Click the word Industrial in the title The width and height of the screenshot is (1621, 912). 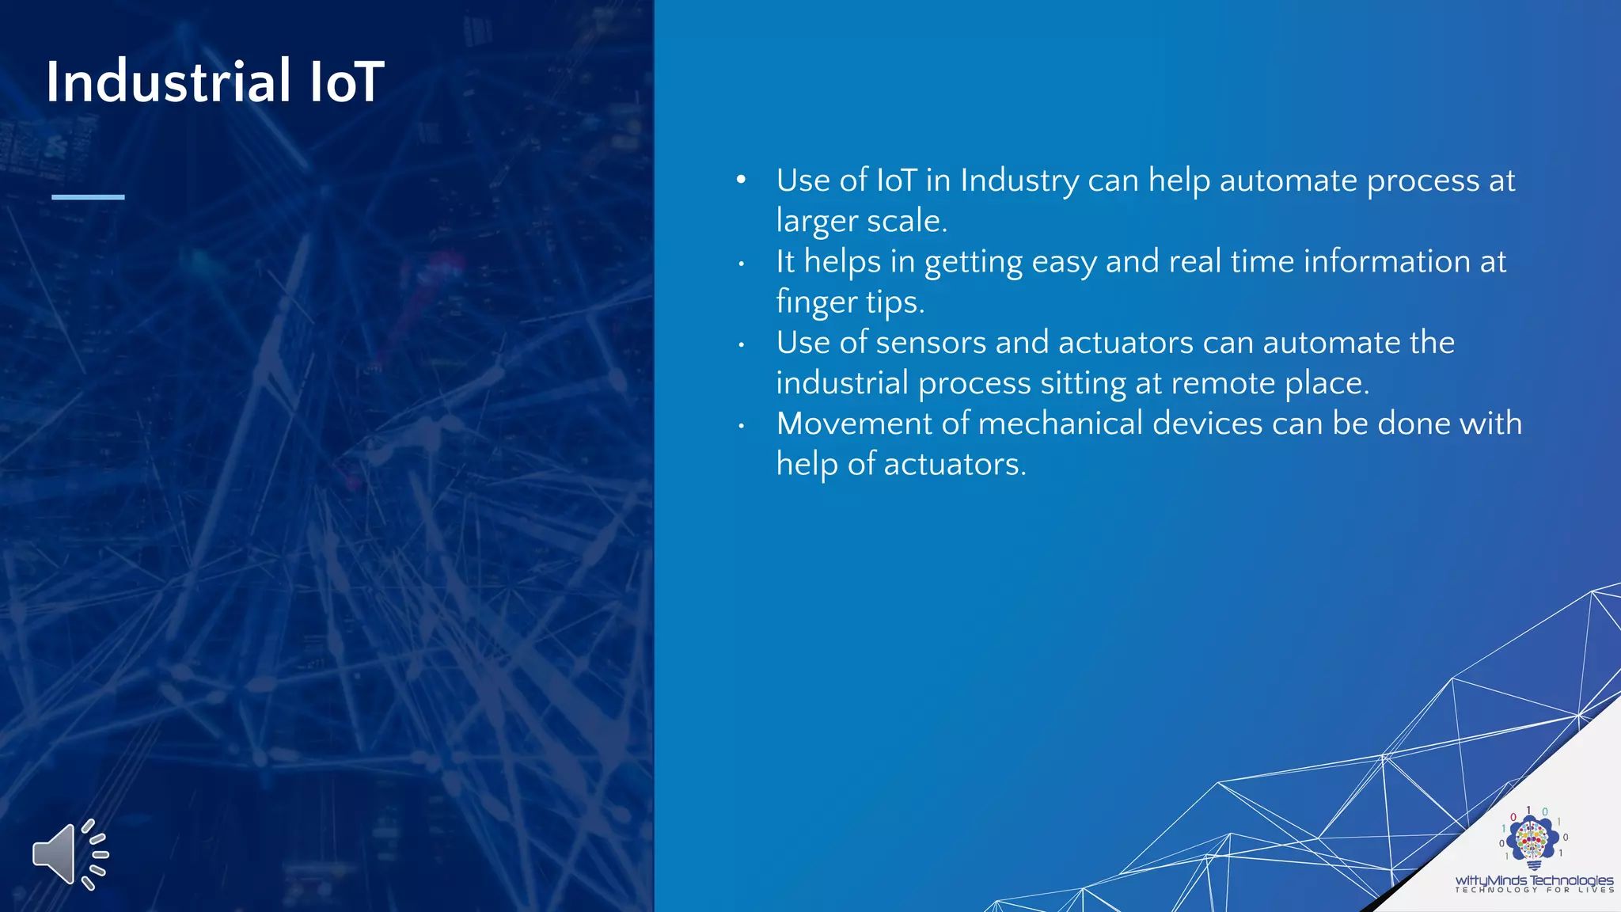[x=169, y=82]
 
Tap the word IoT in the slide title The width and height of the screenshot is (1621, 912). [x=347, y=82]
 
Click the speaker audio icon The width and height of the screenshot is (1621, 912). [x=70, y=854]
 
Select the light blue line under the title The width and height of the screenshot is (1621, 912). [x=88, y=196]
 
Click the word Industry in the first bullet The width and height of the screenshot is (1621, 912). [x=1019, y=181]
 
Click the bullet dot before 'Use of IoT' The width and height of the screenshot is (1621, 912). [x=741, y=180]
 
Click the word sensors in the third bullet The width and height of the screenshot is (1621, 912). [x=931, y=343]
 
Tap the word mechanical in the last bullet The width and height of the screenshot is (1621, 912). [x=1061, y=424]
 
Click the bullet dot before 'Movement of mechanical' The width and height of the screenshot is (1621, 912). [x=741, y=426]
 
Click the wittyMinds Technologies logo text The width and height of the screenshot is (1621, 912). [x=1533, y=880]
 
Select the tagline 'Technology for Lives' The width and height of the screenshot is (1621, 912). [x=1534, y=891]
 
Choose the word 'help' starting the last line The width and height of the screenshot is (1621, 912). [x=807, y=464]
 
